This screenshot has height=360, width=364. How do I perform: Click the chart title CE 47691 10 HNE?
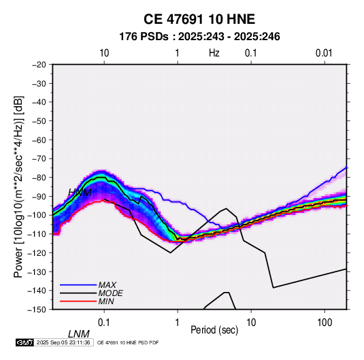click(199, 19)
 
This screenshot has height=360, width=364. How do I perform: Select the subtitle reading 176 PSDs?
click(144, 37)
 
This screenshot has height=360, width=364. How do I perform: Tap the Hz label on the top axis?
click(214, 53)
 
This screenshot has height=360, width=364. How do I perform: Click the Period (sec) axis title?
click(214, 329)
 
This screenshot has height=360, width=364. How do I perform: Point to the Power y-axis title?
click(18, 186)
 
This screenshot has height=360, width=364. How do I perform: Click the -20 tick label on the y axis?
click(39, 65)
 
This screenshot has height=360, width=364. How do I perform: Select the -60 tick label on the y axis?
click(39, 140)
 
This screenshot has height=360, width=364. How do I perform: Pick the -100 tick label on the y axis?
click(37, 215)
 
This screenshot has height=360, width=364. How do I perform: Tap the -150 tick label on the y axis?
click(37, 310)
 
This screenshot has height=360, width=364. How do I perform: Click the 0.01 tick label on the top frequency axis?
click(324, 53)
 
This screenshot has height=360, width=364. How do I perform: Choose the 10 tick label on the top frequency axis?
click(104, 53)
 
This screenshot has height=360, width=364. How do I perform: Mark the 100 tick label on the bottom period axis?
click(325, 323)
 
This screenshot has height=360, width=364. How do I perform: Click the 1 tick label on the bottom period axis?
click(178, 323)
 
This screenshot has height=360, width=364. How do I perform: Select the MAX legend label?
click(107, 285)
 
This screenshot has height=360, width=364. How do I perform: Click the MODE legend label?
click(110, 293)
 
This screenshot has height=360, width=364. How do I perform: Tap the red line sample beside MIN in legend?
click(78, 301)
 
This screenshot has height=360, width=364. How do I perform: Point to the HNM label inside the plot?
click(80, 193)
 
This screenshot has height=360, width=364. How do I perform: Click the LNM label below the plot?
click(79, 334)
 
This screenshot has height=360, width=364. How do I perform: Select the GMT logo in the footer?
click(25, 342)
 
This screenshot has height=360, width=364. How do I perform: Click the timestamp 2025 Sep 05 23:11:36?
click(63, 342)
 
